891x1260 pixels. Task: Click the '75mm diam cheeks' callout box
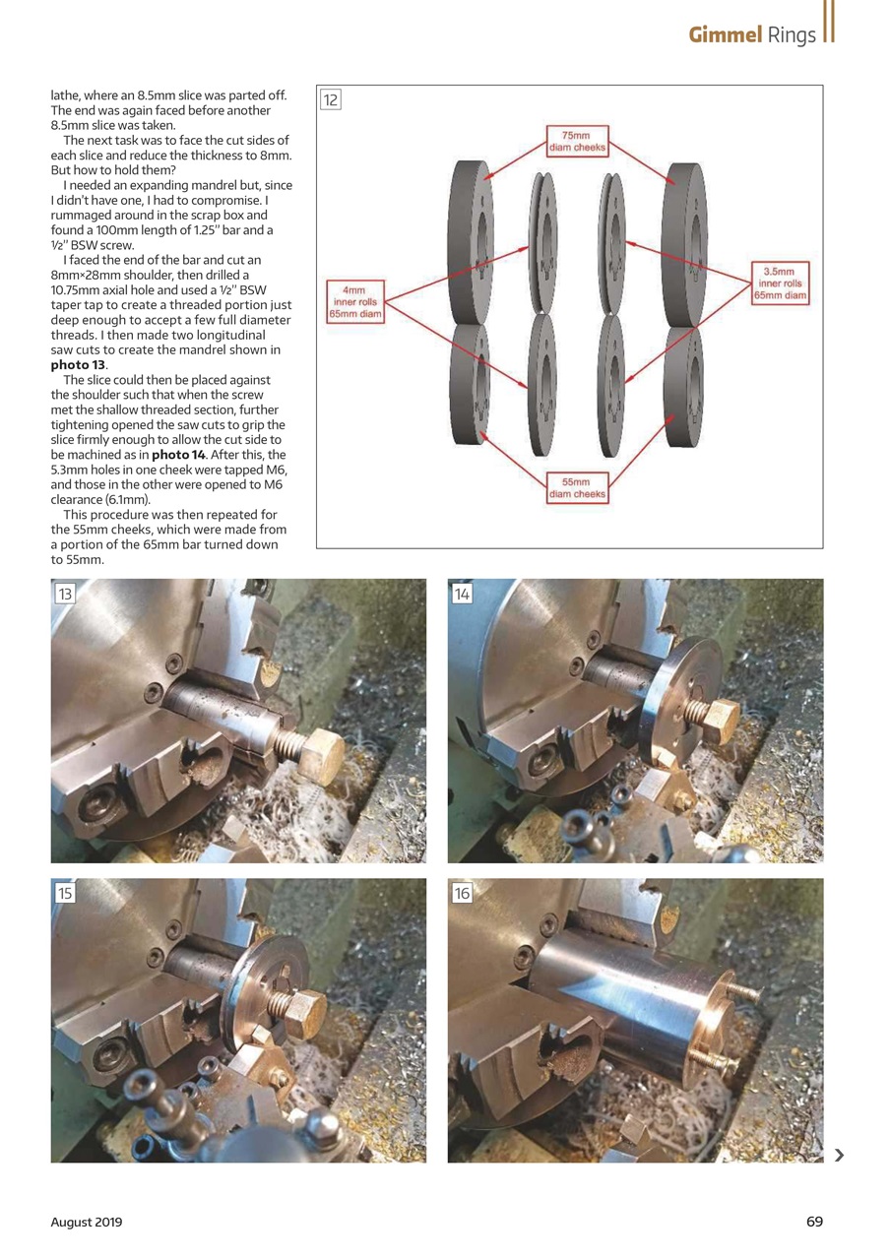(577, 141)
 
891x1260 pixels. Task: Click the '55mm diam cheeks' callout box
(577, 487)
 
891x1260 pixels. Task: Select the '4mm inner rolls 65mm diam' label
(354, 302)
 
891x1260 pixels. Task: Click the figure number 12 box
(331, 99)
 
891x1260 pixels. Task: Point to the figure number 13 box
(65, 594)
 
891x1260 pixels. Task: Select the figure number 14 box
(462, 594)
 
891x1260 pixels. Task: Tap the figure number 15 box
(65, 893)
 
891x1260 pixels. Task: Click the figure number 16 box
(462, 893)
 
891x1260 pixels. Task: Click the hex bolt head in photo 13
(321, 757)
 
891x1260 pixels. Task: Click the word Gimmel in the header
(726, 35)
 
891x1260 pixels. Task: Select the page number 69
(814, 1222)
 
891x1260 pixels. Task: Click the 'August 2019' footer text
(87, 1222)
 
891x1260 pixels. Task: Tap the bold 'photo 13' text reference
(78, 365)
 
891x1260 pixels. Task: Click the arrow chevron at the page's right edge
(839, 1155)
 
